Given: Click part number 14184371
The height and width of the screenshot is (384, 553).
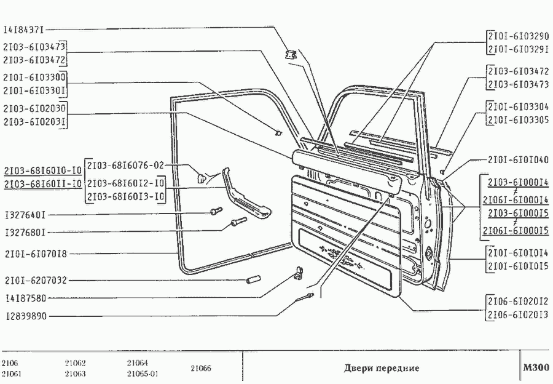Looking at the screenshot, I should coord(24,28).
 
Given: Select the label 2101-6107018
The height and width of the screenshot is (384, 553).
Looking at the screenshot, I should coord(34,253).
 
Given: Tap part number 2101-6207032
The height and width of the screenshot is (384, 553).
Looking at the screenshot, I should coord(34,281).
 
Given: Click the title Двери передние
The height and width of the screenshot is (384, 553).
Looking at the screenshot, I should coord(381,368).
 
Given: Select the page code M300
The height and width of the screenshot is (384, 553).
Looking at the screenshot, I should coord(536,368).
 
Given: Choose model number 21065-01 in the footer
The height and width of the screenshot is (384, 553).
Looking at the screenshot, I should coord(143,374).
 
